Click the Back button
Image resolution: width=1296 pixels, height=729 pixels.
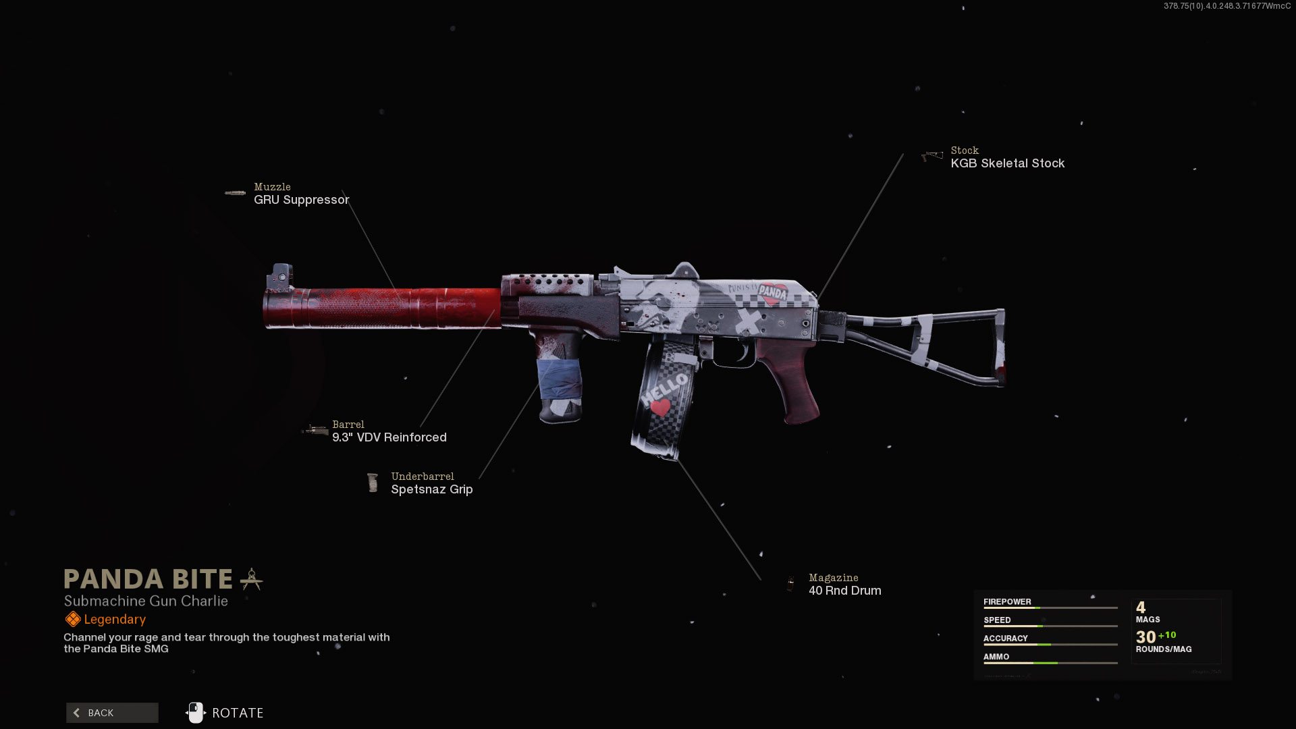(112, 713)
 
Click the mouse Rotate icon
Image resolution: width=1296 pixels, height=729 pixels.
(195, 713)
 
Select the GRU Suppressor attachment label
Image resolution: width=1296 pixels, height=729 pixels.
(301, 200)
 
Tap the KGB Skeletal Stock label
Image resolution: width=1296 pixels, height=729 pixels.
(1007, 163)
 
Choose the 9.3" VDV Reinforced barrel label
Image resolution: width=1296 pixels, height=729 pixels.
(389, 437)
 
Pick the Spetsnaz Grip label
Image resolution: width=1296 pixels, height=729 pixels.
(431, 489)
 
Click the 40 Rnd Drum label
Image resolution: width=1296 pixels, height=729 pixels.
(844, 591)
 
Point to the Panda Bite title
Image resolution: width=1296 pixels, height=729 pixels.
(148, 579)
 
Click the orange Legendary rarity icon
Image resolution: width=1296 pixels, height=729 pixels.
(72, 619)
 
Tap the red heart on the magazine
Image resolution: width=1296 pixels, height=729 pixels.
(660, 407)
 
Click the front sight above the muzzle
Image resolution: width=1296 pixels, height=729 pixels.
(280, 276)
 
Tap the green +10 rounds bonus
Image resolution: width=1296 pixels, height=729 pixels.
(1167, 635)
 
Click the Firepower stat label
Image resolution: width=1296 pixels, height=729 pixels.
(1007, 601)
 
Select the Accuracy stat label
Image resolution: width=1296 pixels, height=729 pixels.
(1005, 638)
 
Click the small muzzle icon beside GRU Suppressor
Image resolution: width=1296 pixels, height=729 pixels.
(235, 193)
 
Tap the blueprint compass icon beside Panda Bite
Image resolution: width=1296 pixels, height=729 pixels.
(251, 579)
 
